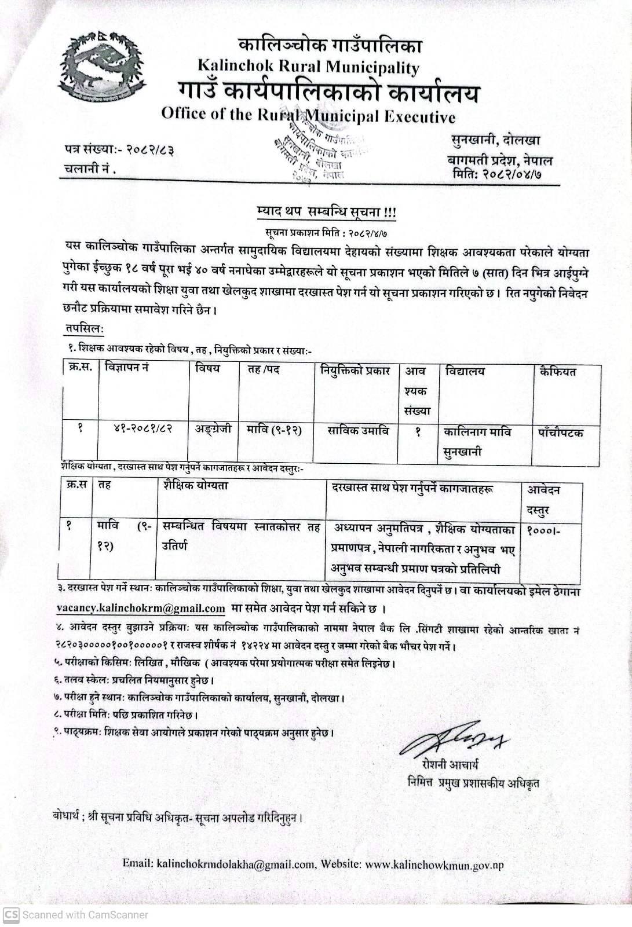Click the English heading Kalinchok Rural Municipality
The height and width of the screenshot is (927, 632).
[x=308, y=67]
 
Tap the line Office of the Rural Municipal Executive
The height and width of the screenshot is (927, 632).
[x=308, y=115]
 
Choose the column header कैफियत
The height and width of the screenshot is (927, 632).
[x=557, y=371]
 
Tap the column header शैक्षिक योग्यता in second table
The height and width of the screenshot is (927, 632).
[x=196, y=486]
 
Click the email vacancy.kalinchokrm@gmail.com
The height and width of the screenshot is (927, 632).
[x=141, y=609]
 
